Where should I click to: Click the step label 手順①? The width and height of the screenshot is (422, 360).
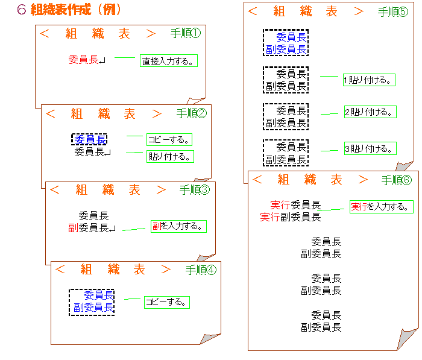click(x=186, y=33)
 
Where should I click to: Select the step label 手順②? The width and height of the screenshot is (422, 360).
click(x=192, y=113)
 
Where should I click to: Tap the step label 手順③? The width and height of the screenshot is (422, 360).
click(x=195, y=190)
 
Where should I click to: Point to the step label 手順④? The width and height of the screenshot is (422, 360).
click(x=201, y=270)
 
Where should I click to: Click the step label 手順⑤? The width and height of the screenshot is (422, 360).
click(x=393, y=12)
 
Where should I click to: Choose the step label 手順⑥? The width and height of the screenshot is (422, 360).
click(x=397, y=180)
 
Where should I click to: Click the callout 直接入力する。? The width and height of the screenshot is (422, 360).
click(x=169, y=60)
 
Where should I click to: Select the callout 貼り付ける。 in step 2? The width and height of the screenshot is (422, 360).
click(x=171, y=156)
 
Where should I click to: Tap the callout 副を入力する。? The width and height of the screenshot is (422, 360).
click(x=178, y=226)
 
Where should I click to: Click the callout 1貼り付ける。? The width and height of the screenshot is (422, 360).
click(x=369, y=80)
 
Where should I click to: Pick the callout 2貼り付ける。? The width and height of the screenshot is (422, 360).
click(x=370, y=112)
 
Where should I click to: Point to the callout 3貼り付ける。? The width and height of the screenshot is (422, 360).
click(x=370, y=148)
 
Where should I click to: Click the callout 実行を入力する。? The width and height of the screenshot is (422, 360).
click(x=382, y=207)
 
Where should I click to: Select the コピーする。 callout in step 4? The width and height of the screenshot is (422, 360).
click(x=167, y=302)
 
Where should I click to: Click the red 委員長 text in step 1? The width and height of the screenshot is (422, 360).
click(x=83, y=60)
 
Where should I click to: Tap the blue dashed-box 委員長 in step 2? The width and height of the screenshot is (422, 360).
click(x=89, y=139)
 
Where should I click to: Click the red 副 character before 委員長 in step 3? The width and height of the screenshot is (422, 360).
click(x=73, y=228)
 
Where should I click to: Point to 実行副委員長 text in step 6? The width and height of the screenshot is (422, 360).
click(x=291, y=216)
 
